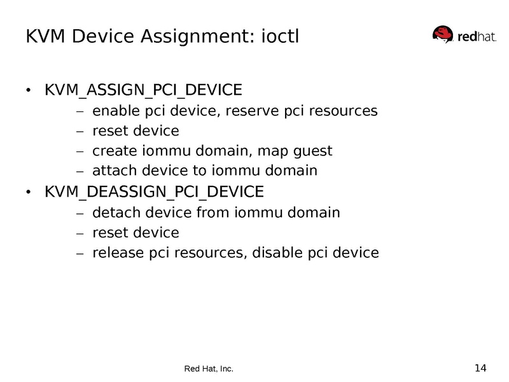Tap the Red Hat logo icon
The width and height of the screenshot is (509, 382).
tap(443, 34)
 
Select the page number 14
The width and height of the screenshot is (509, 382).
tap(480, 367)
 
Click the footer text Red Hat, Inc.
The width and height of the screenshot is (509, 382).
tap(209, 369)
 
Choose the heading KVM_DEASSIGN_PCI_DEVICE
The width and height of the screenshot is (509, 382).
tap(153, 192)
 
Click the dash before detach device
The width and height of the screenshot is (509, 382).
tap(80, 213)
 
